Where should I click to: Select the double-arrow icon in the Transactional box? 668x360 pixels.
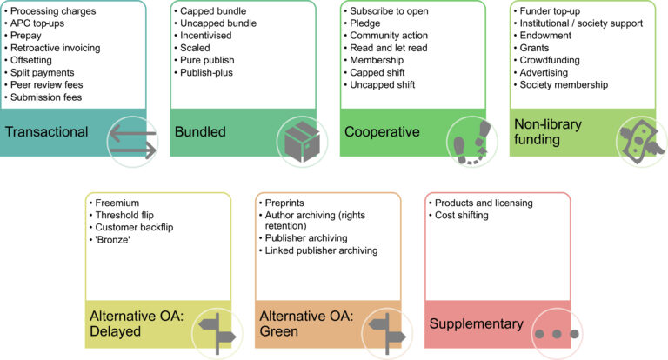(133, 140)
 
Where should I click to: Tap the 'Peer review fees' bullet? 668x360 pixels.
(50, 84)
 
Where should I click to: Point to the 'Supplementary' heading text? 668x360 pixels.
(476, 324)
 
